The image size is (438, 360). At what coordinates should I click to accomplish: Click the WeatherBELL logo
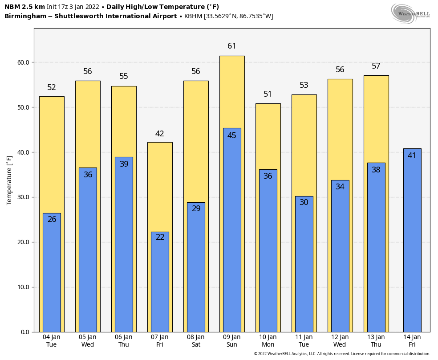[x=410, y=13]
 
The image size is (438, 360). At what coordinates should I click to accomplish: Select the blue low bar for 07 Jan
[x=160, y=285]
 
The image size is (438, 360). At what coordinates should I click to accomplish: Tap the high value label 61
[x=232, y=46]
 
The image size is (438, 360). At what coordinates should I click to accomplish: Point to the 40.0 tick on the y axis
[x=24, y=152]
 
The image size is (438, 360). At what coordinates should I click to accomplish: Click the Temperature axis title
[x=9, y=180]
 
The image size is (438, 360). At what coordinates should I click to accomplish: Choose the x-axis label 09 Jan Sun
[x=232, y=341]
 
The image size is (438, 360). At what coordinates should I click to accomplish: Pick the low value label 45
[x=232, y=135]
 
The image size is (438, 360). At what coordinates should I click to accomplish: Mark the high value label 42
[x=160, y=134]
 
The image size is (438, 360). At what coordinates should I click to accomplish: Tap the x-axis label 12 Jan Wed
[x=340, y=341]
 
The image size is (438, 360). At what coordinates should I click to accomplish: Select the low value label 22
[x=160, y=237]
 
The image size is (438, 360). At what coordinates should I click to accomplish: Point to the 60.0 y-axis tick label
[x=24, y=62]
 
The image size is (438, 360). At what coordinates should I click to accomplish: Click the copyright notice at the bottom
[x=342, y=354]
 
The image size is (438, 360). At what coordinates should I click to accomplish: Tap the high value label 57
[x=376, y=66]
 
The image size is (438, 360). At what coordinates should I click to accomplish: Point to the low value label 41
[x=412, y=155]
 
